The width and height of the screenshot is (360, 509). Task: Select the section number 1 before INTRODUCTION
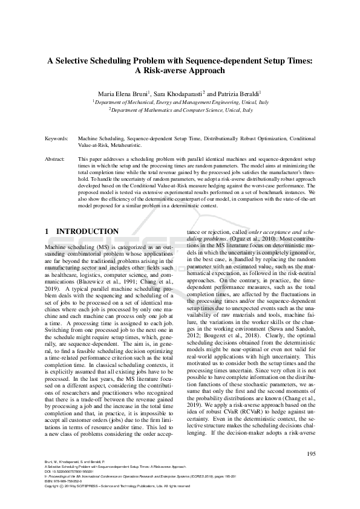[x=48, y=232]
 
